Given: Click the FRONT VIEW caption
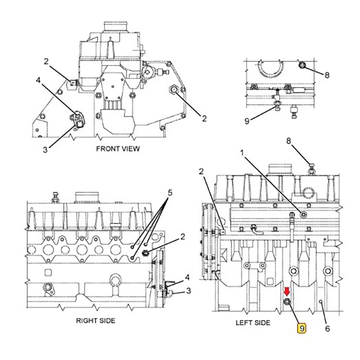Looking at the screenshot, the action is click(118, 149).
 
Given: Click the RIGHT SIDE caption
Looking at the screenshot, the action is click(95, 320).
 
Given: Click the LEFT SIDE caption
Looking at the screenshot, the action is click(253, 323).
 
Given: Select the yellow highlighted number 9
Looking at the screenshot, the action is click(302, 328).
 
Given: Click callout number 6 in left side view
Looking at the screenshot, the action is click(328, 329).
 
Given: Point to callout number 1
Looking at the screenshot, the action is click(242, 153).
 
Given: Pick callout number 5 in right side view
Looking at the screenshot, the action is click(170, 193).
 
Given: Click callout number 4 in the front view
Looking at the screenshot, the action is click(38, 80).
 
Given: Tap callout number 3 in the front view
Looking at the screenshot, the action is click(45, 150).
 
